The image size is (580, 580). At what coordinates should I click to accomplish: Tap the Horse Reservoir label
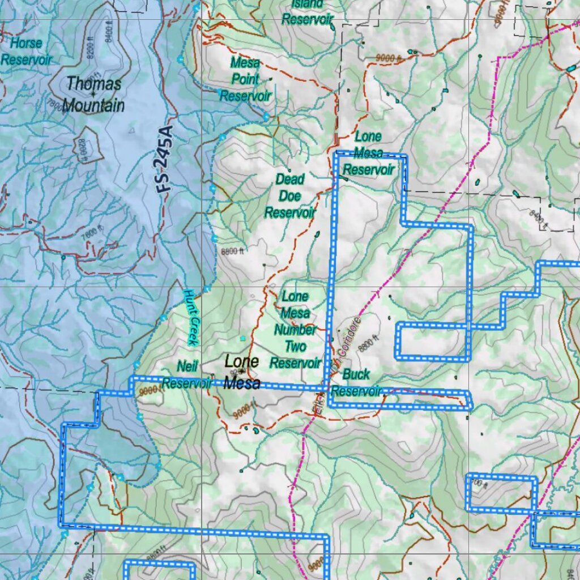pos(26,52)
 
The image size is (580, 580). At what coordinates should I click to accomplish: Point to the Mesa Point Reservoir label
pos(245,79)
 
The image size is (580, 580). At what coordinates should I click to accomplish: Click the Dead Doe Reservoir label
pos(289,196)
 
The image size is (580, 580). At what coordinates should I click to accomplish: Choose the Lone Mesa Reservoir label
pos(368,153)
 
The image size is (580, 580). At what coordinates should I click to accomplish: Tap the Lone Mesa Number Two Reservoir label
pos(295,330)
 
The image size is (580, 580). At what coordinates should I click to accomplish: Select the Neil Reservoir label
pos(186,375)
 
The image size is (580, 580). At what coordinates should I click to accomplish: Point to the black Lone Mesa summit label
pos(242,373)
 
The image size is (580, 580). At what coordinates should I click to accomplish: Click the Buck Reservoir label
pos(356,383)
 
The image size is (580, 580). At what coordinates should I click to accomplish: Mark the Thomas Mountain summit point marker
pos(92,93)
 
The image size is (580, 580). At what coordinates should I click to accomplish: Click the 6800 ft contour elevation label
pos(232,251)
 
